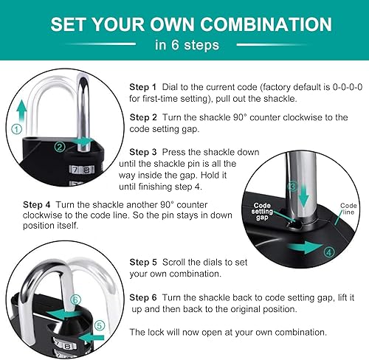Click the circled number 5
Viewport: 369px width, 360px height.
coord(97,325)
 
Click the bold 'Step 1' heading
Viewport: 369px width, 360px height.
coord(143,86)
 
